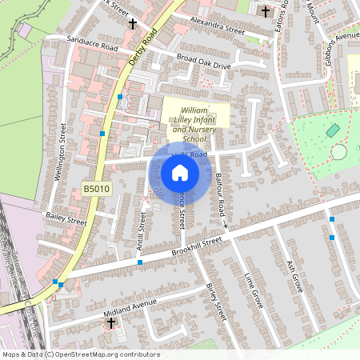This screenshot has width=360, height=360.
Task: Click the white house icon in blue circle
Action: (x=180, y=173)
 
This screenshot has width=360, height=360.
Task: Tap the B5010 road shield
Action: (x=94, y=189)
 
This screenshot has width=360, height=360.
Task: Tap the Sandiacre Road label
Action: (x=82, y=48)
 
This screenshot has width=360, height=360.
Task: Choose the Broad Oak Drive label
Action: (x=203, y=60)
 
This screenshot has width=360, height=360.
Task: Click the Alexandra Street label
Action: (x=217, y=26)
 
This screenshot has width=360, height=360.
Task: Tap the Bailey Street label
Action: (x=66, y=218)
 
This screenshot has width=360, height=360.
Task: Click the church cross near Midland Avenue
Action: (x=111, y=323)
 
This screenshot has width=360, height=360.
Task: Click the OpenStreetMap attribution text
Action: (x=81, y=354)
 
